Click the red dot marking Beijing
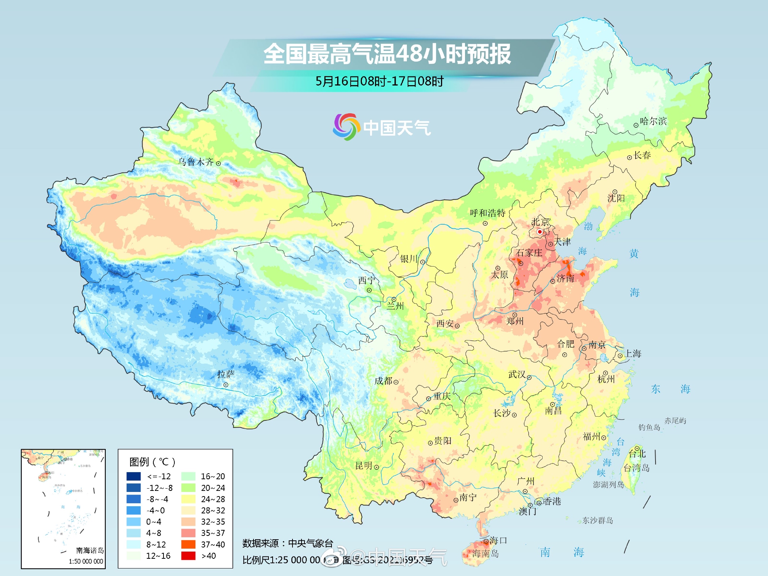[x=540, y=232]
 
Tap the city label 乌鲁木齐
[x=195, y=162]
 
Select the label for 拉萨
[x=226, y=374]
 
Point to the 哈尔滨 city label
[x=653, y=121]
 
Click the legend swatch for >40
[x=188, y=556]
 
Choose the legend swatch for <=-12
[x=134, y=476]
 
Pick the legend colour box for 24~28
[x=188, y=499]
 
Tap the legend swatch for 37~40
[x=188, y=544]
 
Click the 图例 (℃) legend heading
[x=152, y=462]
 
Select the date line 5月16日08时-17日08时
[x=379, y=81]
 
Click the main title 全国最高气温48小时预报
[x=387, y=54]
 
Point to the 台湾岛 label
[x=636, y=468]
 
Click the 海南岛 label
[x=485, y=553]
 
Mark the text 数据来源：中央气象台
[x=288, y=543]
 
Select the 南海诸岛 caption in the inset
[x=90, y=550]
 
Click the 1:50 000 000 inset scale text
[x=86, y=561]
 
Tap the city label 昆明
[x=363, y=466]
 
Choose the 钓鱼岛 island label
[x=649, y=427]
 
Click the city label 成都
[x=383, y=381]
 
